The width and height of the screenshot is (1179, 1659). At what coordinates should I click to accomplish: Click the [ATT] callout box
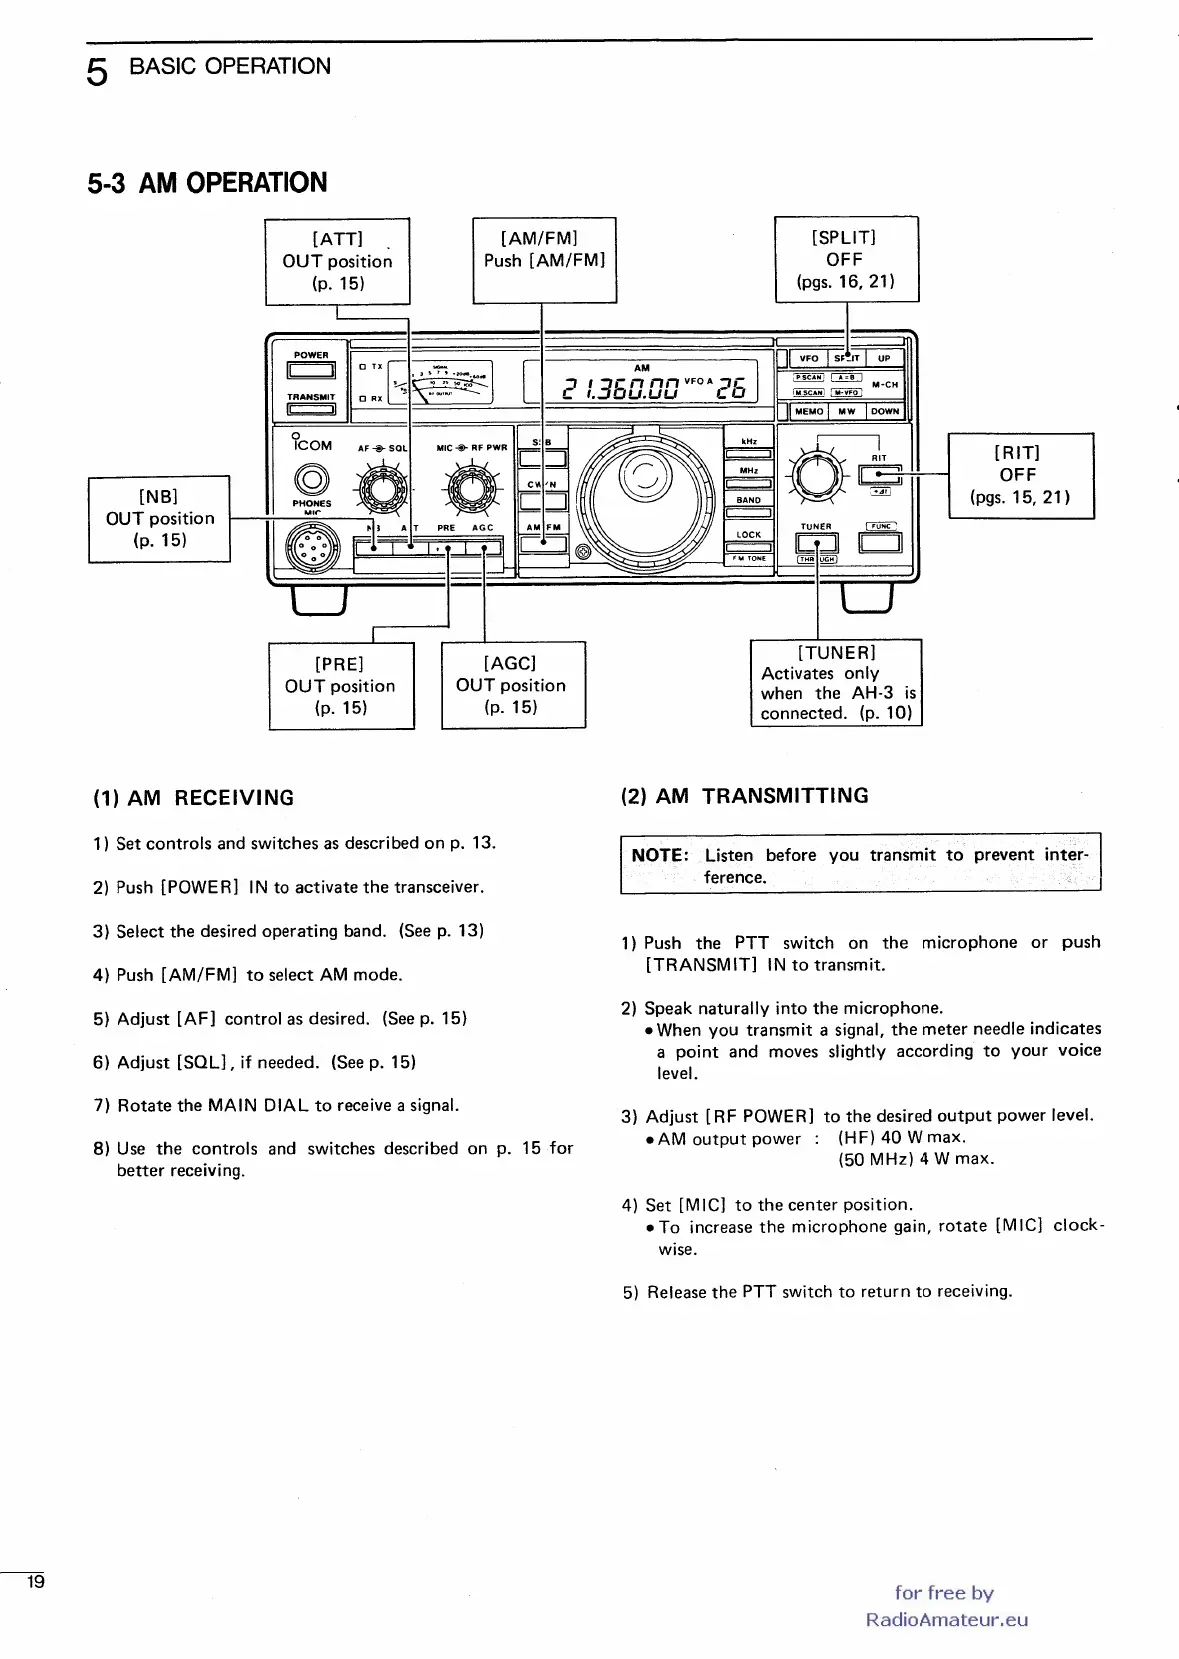[x=337, y=260]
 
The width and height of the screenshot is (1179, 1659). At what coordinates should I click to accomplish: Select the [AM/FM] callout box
[x=544, y=259]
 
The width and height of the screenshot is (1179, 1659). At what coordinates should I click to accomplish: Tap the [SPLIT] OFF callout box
[x=846, y=259]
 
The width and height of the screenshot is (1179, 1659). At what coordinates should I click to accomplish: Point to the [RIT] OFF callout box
[x=1020, y=475]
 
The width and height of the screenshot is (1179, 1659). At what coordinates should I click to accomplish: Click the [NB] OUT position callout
[x=160, y=518]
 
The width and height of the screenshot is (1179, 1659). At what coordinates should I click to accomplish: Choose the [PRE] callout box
[x=341, y=685]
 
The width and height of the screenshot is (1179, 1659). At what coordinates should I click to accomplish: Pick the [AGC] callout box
[x=512, y=684]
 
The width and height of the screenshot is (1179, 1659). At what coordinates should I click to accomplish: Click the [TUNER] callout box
[x=836, y=682]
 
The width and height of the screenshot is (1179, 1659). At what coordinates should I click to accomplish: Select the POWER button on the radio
[x=311, y=371]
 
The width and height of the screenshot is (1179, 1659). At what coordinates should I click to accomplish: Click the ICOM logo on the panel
[x=311, y=443]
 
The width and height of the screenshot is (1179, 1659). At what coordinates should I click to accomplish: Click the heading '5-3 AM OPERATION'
[x=208, y=183]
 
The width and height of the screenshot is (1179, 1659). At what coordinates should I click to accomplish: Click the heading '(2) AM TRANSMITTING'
[x=745, y=796]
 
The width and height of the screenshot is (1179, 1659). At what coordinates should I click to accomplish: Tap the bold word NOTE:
[x=660, y=855]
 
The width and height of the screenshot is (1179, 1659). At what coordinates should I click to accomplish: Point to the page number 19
[x=36, y=1582]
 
